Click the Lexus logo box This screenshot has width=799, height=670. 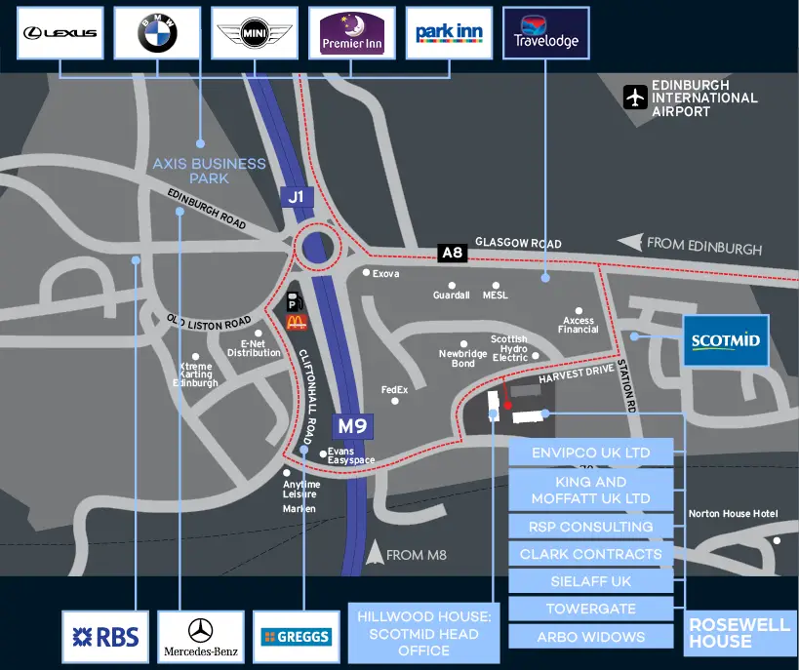(x=60, y=33)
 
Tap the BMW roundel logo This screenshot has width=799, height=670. (x=157, y=33)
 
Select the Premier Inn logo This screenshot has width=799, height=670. (x=352, y=33)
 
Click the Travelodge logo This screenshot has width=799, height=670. (x=546, y=33)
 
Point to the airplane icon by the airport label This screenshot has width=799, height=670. (x=635, y=97)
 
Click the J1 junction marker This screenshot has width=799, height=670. (x=297, y=197)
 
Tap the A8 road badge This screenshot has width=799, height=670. (x=453, y=253)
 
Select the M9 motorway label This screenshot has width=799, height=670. (x=352, y=426)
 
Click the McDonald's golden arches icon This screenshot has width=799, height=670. (x=296, y=322)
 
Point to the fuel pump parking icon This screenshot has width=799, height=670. (x=295, y=301)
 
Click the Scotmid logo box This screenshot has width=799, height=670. (x=726, y=340)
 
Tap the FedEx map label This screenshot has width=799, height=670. (x=394, y=390)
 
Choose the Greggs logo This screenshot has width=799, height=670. (x=297, y=637)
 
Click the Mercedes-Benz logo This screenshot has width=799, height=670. (x=201, y=637)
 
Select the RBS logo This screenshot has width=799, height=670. (x=105, y=637)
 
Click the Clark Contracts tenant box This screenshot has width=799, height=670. (x=591, y=554)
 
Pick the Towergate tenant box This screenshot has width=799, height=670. (x=591, y=609)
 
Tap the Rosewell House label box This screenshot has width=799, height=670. (x=739, y=633)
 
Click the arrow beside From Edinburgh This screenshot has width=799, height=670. (x=631, y=242)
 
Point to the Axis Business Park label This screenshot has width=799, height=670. (x=210, y=171)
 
